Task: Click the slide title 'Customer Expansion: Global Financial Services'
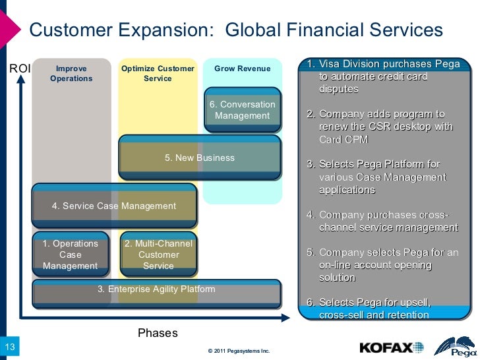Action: (x=236, y=30)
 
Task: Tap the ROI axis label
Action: (x=19, y=68)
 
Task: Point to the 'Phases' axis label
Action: (x=158, y=333)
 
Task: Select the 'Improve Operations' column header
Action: (x=71, y=73)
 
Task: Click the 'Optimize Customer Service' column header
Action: (x=158, y=73)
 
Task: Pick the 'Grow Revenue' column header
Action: (x=242, y=69)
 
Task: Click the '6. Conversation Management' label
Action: (x=242, y=110)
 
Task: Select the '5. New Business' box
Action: (x=199, y=158)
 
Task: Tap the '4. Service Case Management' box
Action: (x=114, y=206)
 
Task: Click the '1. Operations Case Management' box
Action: (x=71, y=255)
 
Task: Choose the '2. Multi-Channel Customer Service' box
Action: (x=158, y=255)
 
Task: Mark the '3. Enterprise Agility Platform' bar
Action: (x=156, y=289)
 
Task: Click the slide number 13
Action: (x=10, y=347)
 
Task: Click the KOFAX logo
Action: (x=392, y=347)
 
